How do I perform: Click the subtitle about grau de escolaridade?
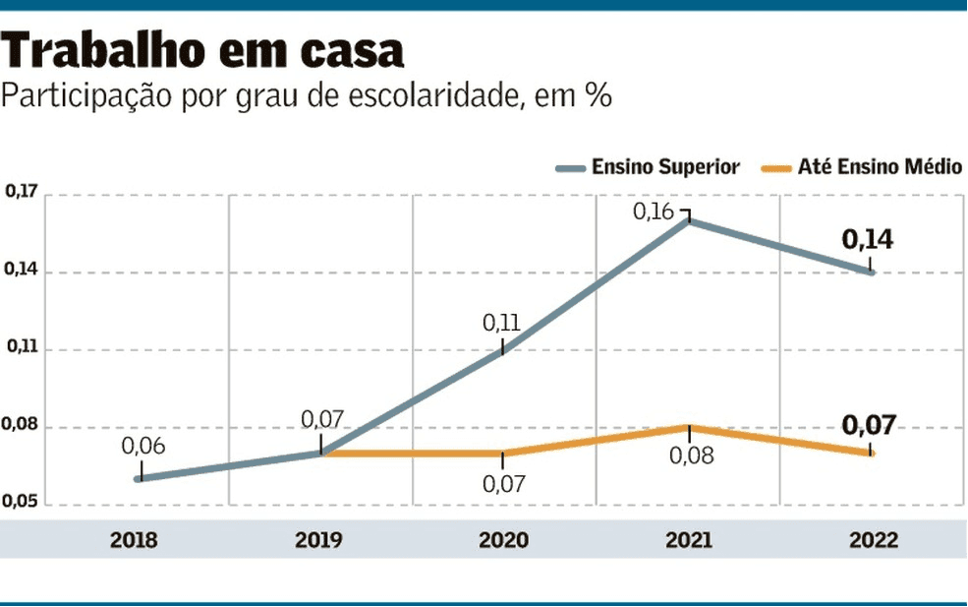[x=308, y=98]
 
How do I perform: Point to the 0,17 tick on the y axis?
[x=21, y=193]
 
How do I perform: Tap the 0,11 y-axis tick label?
[x=21, y=347]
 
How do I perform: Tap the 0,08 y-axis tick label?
[x=21, y=426]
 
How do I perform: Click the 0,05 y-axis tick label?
[x=21, y=504]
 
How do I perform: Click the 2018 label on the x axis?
[x=135, y=540]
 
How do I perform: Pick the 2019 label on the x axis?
[x=318, y=540]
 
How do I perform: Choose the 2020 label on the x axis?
[x=503, y=540]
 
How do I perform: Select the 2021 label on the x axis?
[x=688, y=540]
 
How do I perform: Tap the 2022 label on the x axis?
[x=873, y=540]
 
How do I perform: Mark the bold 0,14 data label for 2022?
[x=868, y=239]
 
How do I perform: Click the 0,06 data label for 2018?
[x=143, y=446]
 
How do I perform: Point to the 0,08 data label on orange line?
[x=690, y=456]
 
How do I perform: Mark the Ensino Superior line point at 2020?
[x=503, y=350]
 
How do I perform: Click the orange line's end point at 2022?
[x=872, y=453]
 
